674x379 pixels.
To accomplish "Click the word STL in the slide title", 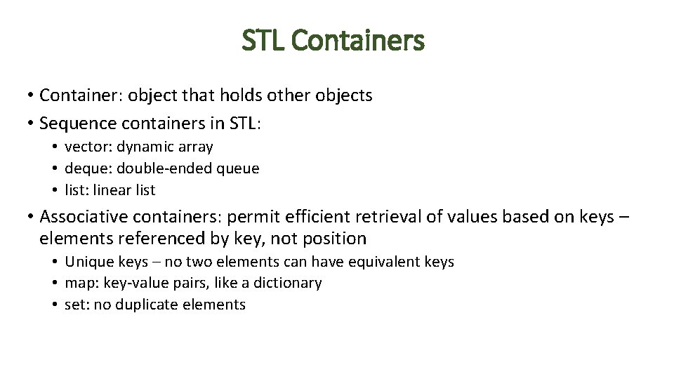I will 263,41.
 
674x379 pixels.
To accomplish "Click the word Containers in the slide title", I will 357,41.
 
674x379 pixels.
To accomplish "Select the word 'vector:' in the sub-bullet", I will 88,147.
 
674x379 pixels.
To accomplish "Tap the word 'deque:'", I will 88,168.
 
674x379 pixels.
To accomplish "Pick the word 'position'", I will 334,239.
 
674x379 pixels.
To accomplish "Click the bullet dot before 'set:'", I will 54,305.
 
